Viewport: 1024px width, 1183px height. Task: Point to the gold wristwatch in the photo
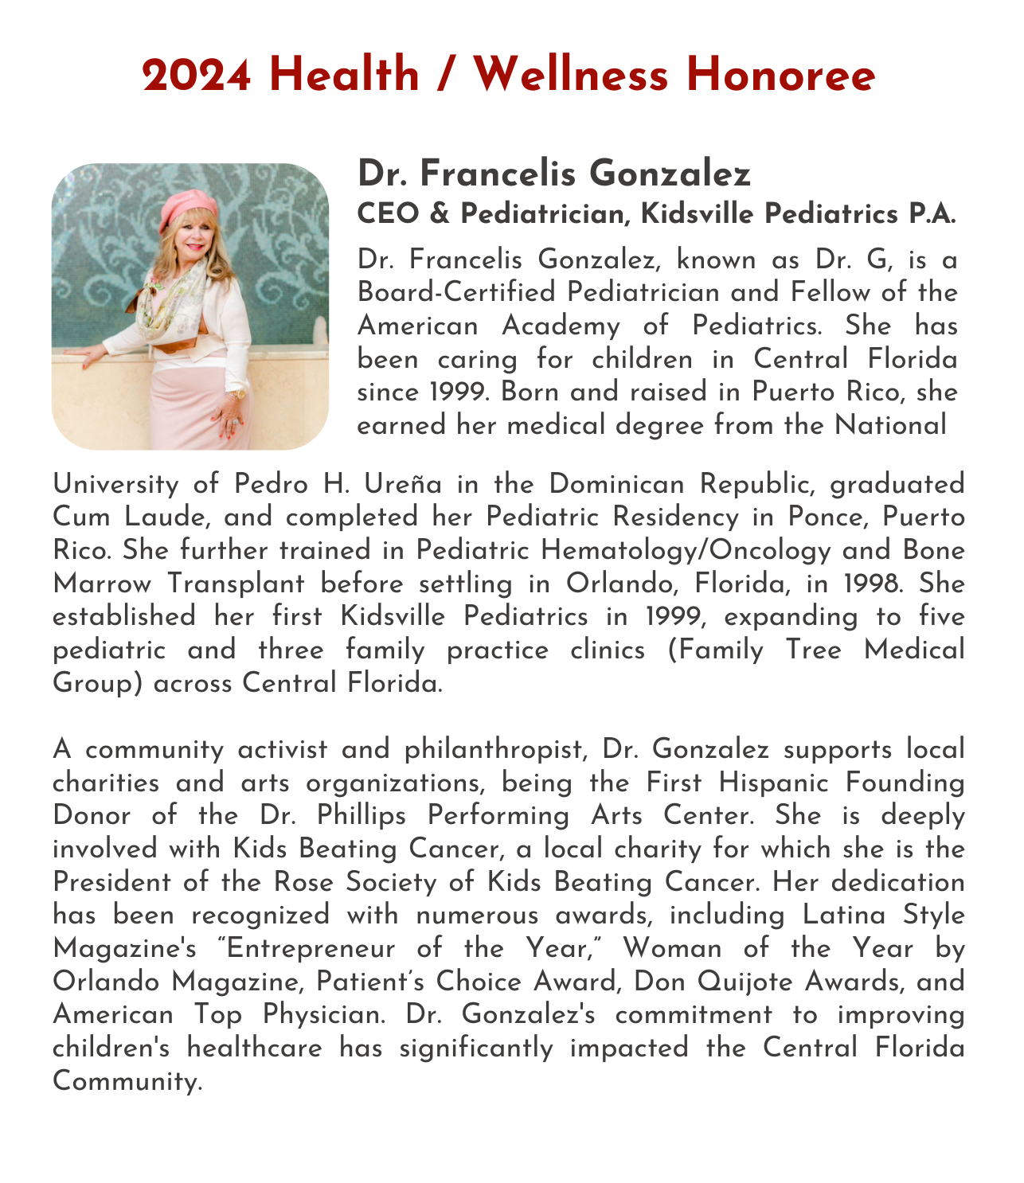click(x=236, y=395)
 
